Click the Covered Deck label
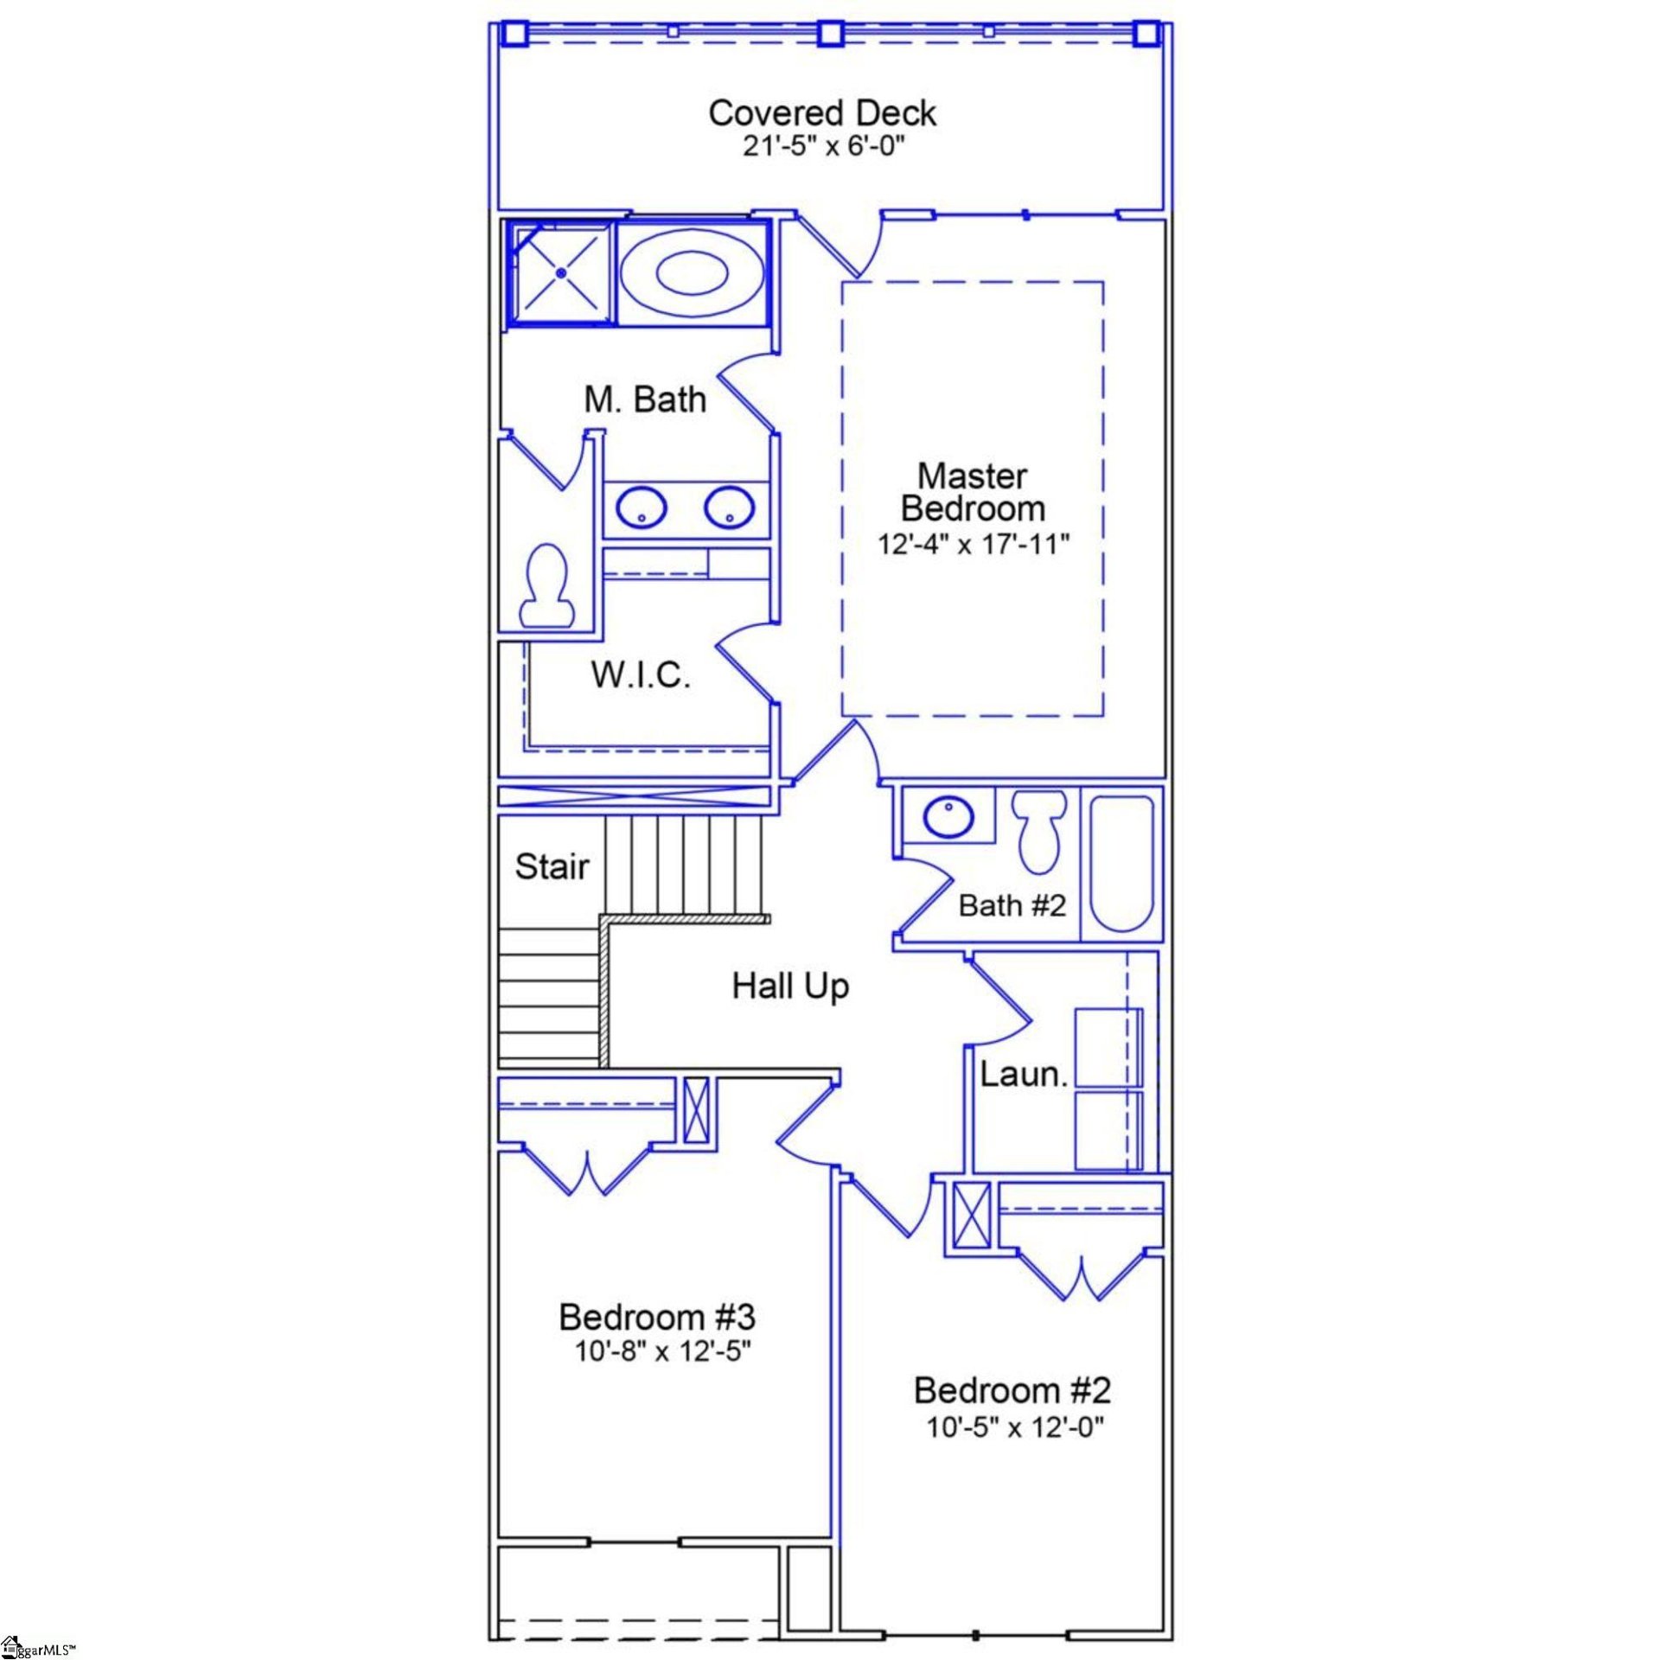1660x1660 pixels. pos(822,113)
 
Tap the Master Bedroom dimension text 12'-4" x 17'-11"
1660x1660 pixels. pos(974,545)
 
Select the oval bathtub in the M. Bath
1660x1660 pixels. pos(692,273)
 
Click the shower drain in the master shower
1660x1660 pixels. pos(561,273)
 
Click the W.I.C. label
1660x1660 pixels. pos(641,675)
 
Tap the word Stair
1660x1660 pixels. pos(552,866)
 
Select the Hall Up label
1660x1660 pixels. pos(790,986)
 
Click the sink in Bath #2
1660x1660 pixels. pos(948,816)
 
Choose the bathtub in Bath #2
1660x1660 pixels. pos(1121,863)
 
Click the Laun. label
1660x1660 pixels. pos(1024,1075)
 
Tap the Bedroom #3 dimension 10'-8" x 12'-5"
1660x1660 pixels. pos(663,1350)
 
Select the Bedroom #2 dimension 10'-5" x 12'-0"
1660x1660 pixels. pos(1015,1427)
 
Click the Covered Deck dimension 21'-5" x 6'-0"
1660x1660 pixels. pos(822,146)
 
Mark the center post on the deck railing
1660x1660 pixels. pos(830,34)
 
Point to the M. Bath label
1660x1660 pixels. pos(645,399)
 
